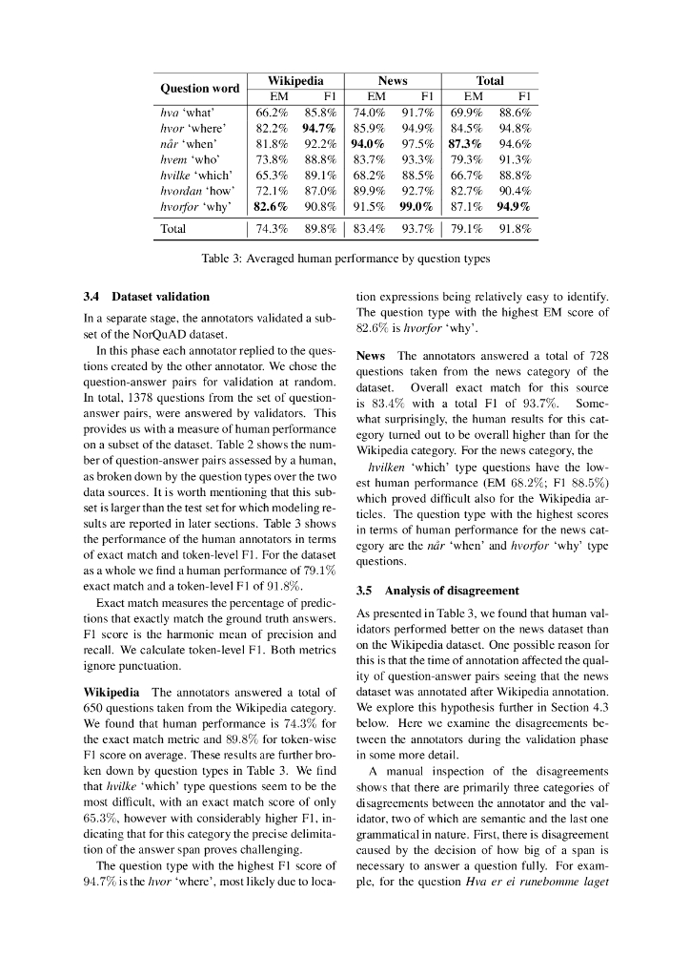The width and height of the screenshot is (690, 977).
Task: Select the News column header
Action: [x=393, y=81]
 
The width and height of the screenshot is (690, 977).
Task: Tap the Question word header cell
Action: [x=199, y=89]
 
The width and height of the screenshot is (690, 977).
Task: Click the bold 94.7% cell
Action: [x=319, y=127]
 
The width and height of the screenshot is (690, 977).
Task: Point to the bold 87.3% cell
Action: [x=465, y=143]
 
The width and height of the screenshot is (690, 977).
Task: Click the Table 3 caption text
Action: [x=345, y=259]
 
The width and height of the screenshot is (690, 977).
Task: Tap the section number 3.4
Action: [x=92, y=297]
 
